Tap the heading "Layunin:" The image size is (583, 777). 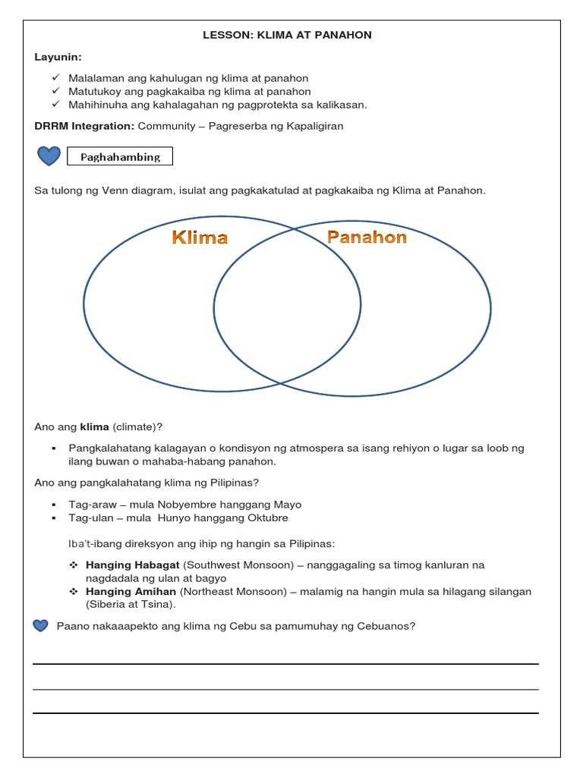click(x=57, y=57)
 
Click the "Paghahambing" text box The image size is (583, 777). click(x=120, y=157)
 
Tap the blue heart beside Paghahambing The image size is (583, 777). click(x=49, y=156)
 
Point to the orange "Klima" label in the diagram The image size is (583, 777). click(x=200, y=238)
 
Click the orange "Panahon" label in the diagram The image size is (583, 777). click(x=367, y=237)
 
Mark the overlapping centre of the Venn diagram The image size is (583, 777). click(x=287, y=307)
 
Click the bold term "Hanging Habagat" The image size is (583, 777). click(x=133, y=565)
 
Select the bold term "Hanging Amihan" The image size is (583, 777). click(x=131, y=591)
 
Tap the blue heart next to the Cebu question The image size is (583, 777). click(x=41, y=626)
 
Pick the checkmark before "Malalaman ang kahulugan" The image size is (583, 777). click(x=56, y=78)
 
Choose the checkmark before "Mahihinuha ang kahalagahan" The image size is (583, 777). click(x=56, y=104)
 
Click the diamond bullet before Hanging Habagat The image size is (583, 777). click(x=74, y=565)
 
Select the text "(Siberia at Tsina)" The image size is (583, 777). click(x=130, y=604)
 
